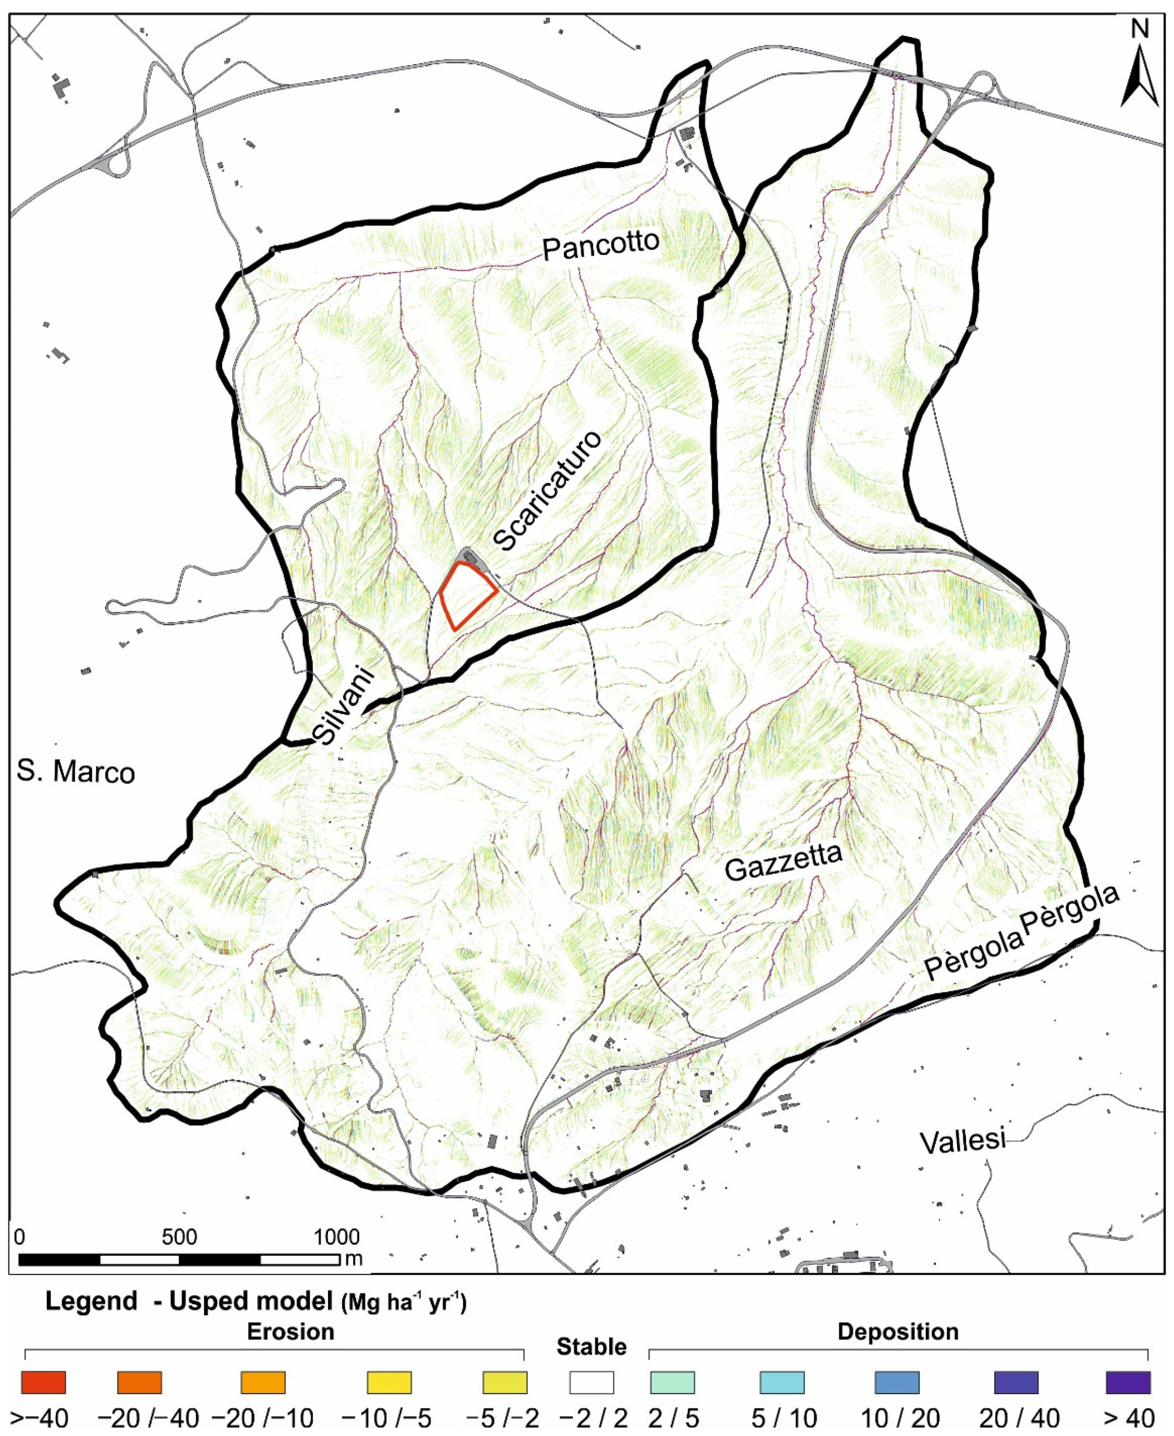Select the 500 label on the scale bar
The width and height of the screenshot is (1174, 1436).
point(179,1237)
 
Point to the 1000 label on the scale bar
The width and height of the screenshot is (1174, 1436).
point(336,1237)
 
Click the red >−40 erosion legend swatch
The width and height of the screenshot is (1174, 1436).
point(43,1382)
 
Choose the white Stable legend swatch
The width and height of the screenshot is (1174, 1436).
point(591,1382)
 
